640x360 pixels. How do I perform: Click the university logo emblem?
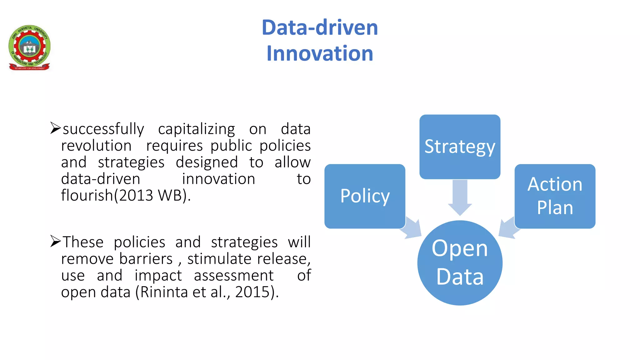(29, 47)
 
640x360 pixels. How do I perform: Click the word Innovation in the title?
(320, 53)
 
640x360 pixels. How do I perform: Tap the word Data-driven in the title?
(320, 27)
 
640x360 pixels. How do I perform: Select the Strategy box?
(460, 147)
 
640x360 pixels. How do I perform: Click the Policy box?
(365, 196)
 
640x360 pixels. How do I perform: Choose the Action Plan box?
(555, 196)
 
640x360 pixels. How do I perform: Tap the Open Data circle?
(460, 263)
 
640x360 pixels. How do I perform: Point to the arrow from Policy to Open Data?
(412, 228)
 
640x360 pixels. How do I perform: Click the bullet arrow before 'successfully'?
(55, 128)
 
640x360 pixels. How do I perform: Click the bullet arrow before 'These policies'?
(55, 241)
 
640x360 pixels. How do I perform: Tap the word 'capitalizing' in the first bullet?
(196, 129)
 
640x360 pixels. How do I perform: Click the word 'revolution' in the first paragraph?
(96, 146)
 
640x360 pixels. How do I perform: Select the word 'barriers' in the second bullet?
(146, 259)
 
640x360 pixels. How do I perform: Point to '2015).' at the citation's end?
(257, 292)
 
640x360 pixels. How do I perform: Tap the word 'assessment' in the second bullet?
(233, 276)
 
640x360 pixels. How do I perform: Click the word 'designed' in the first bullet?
(207, 162)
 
